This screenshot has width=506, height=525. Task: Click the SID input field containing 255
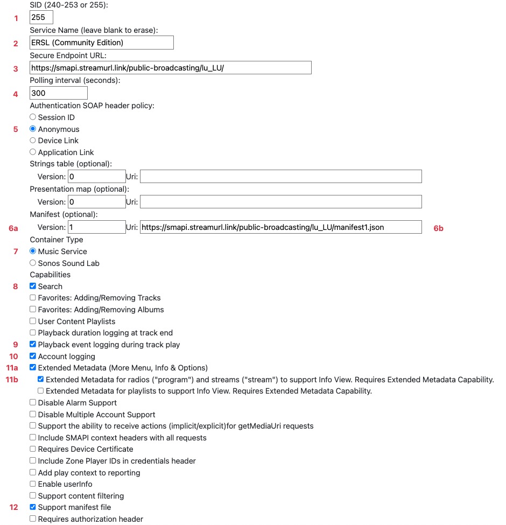pos(41,17)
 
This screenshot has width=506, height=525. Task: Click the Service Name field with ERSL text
pos(102,43)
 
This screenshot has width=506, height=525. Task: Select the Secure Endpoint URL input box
pos(171,68)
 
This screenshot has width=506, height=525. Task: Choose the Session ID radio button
pos(33,117)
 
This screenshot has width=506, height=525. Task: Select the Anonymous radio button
pos(33,129)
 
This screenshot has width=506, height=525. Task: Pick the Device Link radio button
pos(33,140)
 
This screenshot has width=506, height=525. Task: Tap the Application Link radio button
pos(33,152)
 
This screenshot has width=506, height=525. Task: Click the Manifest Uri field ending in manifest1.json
pos(280,227)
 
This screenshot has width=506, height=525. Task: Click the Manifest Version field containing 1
pos(97,227)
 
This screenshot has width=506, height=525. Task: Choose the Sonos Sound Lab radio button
pos(33,263)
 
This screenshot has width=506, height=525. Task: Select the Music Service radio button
pos(33,251)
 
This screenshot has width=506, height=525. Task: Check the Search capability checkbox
pos(33,286)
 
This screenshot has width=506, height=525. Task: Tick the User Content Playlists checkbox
pos(33,321)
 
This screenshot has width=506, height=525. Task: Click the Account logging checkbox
pos(33,356)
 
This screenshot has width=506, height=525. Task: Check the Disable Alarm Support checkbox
pos(33,402)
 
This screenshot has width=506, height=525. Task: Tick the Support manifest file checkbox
pos(33,507)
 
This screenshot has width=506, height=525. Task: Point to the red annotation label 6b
pos(439,228)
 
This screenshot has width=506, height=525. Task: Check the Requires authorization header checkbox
pos(33,519)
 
